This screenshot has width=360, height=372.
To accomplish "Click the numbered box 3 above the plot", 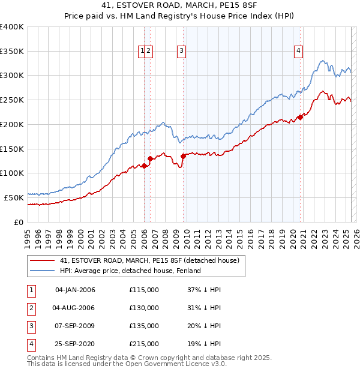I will pyautogui.click(x=181, y=51).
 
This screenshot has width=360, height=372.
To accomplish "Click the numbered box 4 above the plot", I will pyautogui.click(x=298, y=51).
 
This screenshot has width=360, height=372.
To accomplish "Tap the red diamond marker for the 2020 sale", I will pyautogui.click(x=301, y=118).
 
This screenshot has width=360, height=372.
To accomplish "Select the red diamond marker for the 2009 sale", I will pyautogui.click(x=183, y=157).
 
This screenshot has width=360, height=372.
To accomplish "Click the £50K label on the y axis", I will pyautogui.click(x=14, y=197).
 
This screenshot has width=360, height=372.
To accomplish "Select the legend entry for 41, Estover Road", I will pyautogui.click(x=149, y=260).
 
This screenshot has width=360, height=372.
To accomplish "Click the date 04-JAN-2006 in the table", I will pyautogui.click(x=74, y=290).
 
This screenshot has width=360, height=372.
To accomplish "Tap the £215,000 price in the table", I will pyautogui.click(x=144, y=344).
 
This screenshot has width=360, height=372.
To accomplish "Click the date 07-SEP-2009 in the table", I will pyautogui.click(x=74, y=326).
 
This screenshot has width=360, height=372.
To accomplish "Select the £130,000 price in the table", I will pyautogui.click(x=144, y=308).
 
